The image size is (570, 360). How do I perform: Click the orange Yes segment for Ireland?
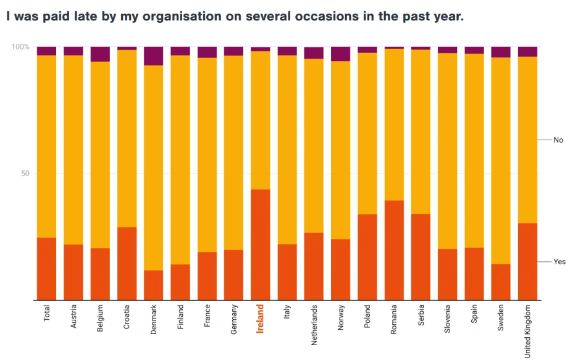point(260,245)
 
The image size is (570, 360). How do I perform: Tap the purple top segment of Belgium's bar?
point(100,54)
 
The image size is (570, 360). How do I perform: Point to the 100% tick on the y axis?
point(21,47)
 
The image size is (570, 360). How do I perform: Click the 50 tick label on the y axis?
point(25,174)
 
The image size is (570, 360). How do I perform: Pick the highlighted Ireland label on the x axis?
point(260,319)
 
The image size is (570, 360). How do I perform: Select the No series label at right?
point(558,140)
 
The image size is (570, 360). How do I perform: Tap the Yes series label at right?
point(559,262)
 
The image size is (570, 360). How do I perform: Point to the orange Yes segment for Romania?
point(394,250)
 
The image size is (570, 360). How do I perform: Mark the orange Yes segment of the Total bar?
point(46,269)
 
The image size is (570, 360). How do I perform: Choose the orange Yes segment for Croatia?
point(127,264)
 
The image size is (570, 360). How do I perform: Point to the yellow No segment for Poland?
point(367,133)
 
